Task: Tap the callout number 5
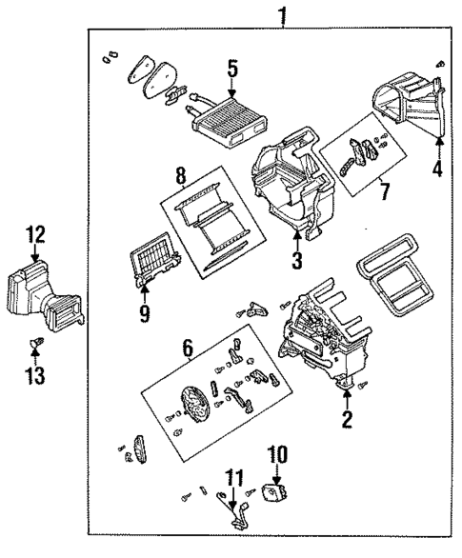click(x=231, y=69)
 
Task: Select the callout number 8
click(x=180, y=175)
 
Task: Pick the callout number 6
click(x=187, y=350)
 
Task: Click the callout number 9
click(x=145, y=312)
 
